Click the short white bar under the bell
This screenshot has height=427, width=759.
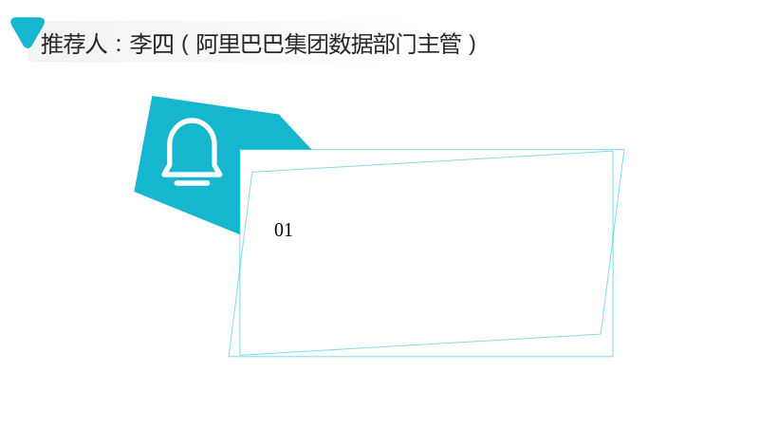[193, 183]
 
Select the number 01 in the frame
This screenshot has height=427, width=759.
[283, 230]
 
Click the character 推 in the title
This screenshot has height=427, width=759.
[52, 44]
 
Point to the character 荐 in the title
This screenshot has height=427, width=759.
[74, 44]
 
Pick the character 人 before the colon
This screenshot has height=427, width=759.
[97, 44]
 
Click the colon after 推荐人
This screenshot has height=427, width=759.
[119, 45]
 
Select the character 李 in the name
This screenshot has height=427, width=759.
[140, 44]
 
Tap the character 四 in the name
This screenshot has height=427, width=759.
[162, 44]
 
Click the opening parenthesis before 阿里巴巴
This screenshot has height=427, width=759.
[185, 44]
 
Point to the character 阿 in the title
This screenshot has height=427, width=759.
[207, 44]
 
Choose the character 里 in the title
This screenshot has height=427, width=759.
[229, 44]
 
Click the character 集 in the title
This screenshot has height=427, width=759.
[295, 44]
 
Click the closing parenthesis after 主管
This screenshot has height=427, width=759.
[472, 44]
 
